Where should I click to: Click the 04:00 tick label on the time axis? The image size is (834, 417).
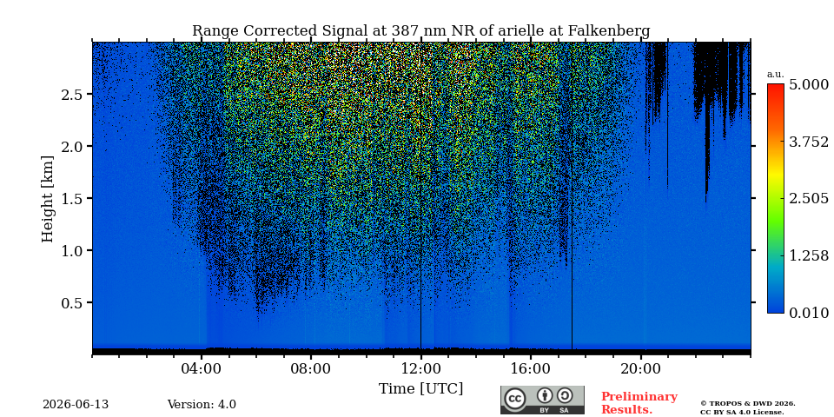click(201, 368)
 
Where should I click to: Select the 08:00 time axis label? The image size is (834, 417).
click(311, 368)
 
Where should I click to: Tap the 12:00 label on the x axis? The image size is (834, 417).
click(420, 368)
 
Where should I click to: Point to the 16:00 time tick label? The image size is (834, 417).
click(531, 368)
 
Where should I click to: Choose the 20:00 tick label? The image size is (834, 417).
click(640, 368)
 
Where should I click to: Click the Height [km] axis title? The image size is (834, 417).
click(48, 199)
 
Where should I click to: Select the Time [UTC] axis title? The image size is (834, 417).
click(420, 389)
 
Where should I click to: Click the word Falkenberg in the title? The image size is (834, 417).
click(609, 31)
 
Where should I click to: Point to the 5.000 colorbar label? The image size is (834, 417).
click(809, 84)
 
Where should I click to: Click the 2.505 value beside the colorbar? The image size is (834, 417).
click(809, 199)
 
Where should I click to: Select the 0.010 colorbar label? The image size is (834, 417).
click(809, 313)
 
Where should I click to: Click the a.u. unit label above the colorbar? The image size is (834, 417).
click(776, 75)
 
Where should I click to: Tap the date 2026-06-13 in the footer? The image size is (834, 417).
click(76, 405)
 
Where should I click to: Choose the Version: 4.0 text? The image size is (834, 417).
click(202, 405)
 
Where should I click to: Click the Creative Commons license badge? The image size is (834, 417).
click(542, 400)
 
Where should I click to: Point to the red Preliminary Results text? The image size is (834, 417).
click(639, 403)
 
